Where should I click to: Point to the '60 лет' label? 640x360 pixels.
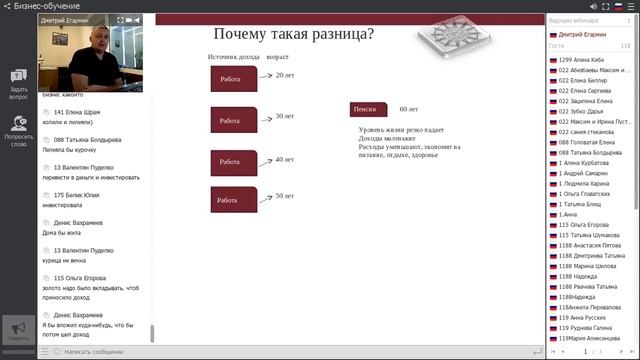(x=409, y=108)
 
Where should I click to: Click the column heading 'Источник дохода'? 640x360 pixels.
(x=233, y=58)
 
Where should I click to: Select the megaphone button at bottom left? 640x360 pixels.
(x=17, y=331)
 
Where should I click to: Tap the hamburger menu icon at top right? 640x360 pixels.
(x=631, y=5)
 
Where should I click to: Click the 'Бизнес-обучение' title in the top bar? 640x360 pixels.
(x=41, y=6)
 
